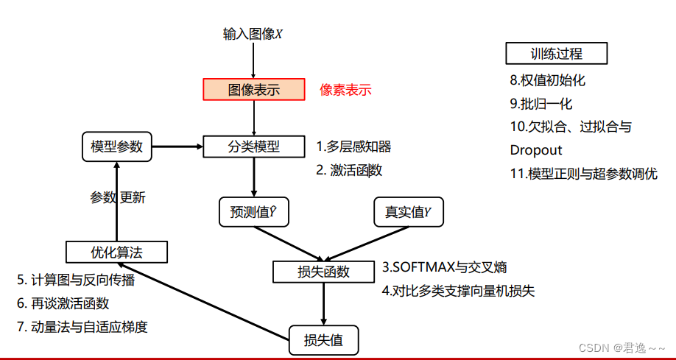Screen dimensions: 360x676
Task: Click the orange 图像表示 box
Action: pos(254,90)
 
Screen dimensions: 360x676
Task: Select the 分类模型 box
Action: pos(253,147)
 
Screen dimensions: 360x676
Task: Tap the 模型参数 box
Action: pos(116,146)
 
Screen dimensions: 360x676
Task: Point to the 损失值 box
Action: pos(324,341)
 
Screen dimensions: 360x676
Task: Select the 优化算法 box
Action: pos(116,253)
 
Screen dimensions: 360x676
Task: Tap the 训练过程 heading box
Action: pos(556,54)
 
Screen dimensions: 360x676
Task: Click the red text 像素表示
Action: pos(345,91)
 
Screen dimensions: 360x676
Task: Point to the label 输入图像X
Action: pos(253,34)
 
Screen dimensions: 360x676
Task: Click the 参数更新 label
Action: pos(118,197)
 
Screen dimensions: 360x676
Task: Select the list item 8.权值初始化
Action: pos(547,80)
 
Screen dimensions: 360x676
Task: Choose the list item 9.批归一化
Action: pos(541,104)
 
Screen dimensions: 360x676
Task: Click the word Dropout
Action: pos(536,150)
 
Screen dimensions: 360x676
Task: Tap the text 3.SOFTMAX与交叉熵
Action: pos(444,267)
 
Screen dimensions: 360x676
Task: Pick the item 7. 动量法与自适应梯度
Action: pos(82,326)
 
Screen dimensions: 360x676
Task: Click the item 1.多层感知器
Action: pos(353,147)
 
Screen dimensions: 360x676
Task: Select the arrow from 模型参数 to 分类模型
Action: pos(177,146)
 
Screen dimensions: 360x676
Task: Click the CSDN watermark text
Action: pos(622,347)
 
